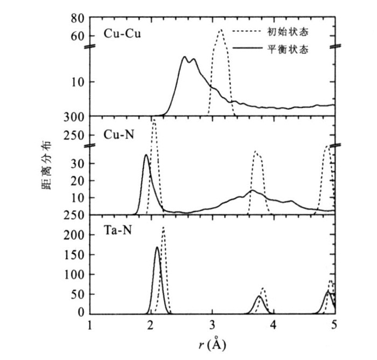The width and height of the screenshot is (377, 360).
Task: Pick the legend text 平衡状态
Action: pyautogui.click(x=288, y=49)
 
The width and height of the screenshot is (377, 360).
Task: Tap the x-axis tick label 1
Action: pyautogui.click(x=90, y=324)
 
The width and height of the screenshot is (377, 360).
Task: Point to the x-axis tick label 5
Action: pyautogui.click(x=334, y=324)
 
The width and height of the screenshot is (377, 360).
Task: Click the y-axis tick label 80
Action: pyautogui.click(x=77, y=18)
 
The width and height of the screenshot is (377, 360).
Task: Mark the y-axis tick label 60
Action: pyautogui.click(x=77, y=36)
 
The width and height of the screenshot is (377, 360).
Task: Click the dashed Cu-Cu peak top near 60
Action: pyautogui.click(x=220, y=30)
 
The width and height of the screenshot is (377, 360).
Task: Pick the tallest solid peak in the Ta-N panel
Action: pyautogui.click(x=157, y=247)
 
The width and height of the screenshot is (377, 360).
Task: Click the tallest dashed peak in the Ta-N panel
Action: pyautogui.click(x=163, y=227)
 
